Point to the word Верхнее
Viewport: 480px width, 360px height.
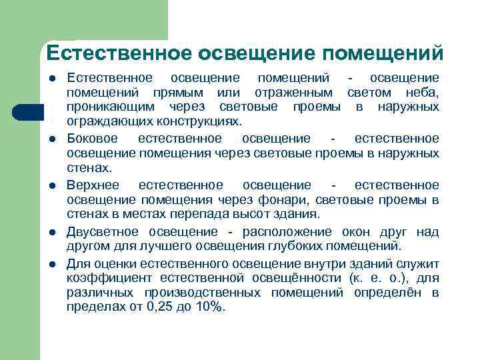93,185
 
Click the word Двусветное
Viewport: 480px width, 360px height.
103,231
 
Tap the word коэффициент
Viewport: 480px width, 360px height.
110,278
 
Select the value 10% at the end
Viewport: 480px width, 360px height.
209,307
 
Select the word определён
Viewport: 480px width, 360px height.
387,293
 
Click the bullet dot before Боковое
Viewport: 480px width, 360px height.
51,139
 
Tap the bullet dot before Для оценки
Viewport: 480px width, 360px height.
51,264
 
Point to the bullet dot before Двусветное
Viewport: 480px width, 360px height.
51,232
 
